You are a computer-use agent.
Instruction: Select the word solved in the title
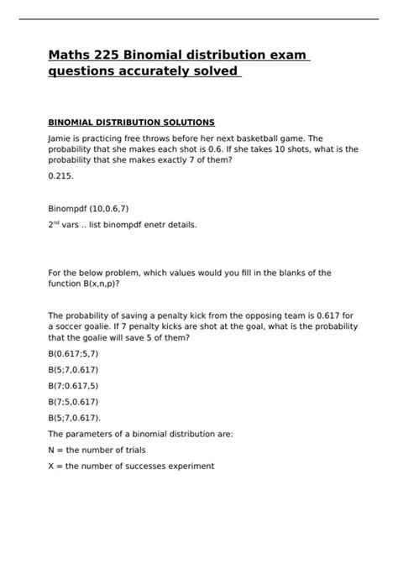[x=217, y=71]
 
